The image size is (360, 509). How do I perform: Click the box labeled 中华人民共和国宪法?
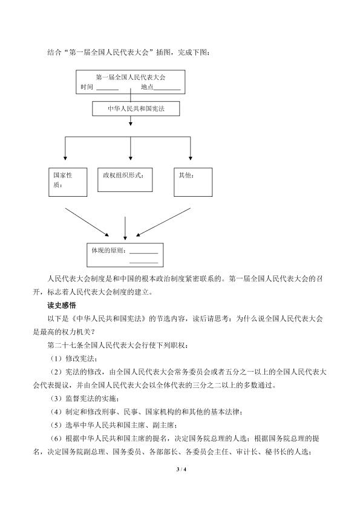[x=136, y=108]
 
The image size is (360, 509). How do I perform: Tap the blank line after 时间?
[x=108, y=90]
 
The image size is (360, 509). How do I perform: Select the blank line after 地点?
[x=167, y=90]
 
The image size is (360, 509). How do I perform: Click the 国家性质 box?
[x=68, y=182]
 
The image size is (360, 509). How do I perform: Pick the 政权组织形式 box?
[x=125, y=180]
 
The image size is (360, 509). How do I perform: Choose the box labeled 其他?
[x=193, y=182]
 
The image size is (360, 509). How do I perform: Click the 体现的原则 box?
[x=125, y=255]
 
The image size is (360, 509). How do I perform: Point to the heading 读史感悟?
[x=61, y=306]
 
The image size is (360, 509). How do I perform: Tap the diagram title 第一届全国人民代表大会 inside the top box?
[x=131, y=77]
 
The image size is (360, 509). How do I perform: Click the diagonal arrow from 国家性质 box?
[x=87, y=222]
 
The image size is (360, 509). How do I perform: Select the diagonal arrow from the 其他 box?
[x=163, y=222]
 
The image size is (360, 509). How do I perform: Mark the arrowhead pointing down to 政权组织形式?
[x=131, y=158]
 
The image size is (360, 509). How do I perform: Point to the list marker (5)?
[x=56, y=425]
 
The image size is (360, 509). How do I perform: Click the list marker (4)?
[x=56, y=412]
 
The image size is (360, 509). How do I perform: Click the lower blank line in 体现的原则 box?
[x=144, y=263]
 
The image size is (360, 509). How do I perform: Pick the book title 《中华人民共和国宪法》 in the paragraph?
[x=108, y=319]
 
